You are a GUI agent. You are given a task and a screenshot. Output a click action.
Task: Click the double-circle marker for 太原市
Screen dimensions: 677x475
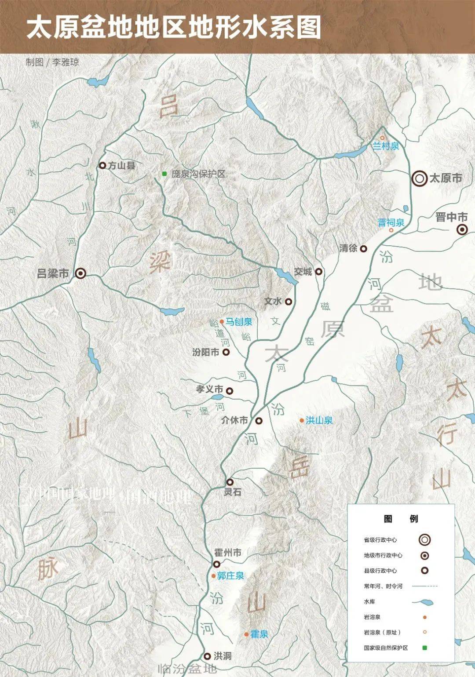pyautogui.click(x=420, y=178)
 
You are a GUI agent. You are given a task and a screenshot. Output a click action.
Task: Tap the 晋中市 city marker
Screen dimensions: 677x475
pyautogui.click(x=462, y=229)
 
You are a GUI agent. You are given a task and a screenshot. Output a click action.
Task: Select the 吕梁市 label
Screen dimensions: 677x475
pyautogui.click(x=53, y=273)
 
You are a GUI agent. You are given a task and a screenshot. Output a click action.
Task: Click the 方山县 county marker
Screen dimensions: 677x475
pyautogui.click(x=102, y=165)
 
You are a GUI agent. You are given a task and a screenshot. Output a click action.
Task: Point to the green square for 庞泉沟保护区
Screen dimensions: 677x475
pyautogui.click(x=164, y=174)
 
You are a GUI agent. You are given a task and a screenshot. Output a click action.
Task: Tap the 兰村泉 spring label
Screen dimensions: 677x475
pyautogui.click(x=386, y=146)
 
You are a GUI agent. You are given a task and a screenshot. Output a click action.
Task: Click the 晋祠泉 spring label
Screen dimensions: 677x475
pyautogui.click(x=391, y=222)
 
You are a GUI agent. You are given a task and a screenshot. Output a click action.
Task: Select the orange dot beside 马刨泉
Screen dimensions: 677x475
pyautogui.click(x=222, y=322)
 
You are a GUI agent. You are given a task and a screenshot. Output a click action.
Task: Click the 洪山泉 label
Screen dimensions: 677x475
pyautogui.click(x=319, y=420)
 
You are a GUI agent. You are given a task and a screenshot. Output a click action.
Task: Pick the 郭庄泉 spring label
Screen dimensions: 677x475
pyautogui.click(x=230, y=575)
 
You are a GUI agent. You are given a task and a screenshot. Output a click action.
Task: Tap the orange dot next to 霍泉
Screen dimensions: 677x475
pyautogui.click(x=246, y=634)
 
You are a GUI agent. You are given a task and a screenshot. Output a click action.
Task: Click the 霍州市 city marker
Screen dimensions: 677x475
pyautogui.click(x=216, y=564)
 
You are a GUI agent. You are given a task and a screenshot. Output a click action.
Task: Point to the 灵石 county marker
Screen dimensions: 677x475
pyautogui.click(x=230, y=482)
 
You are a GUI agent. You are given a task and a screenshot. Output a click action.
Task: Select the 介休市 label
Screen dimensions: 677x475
pyautogui.click(x=234, y=420)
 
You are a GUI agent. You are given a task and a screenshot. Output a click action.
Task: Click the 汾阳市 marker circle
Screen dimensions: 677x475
pyautogui.click(x=226, y=352)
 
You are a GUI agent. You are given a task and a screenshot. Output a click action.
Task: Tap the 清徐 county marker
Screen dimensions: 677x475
pyautogui.click(x=364, y=248)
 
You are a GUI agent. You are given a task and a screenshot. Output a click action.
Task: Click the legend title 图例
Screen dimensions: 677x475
pyautogui.click(x=401, y=519)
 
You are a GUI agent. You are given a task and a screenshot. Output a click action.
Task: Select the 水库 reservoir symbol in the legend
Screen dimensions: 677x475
pyautogui.click(x=423, y=602)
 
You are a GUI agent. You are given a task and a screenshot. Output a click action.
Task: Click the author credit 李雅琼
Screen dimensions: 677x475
pyautogui.click(x=66, y=62)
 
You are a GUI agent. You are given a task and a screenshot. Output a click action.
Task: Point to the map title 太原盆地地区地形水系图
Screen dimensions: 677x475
pyautogui.click(x=174, y=27)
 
